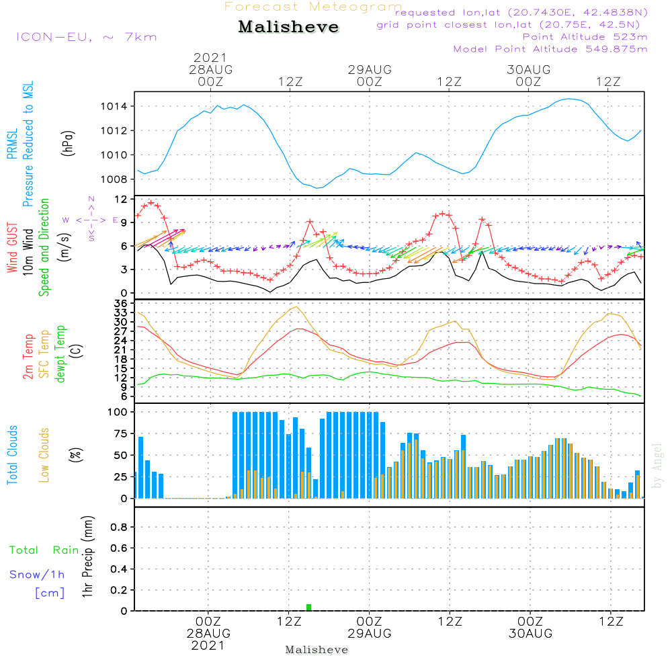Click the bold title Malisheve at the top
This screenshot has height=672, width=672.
coord(288,27)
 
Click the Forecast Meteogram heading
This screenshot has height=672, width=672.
coord(313,7)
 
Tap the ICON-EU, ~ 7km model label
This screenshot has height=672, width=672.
coord(87,37)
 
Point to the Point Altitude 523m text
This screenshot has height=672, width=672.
coord(585,37)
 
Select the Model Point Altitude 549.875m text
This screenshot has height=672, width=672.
coord(550,49)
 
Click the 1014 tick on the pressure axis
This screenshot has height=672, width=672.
coord(114,106)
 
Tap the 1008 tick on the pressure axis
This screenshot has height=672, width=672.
coord(114,179)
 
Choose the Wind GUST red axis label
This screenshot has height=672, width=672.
coord(12,247)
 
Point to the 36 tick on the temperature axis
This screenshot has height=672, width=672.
coord(120,304)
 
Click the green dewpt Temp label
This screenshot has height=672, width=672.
coord(60,353)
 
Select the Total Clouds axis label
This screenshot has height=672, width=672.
coord(12,455)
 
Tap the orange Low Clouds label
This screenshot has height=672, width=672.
coord(44,455)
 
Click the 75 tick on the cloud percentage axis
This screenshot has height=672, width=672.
coord(121,433)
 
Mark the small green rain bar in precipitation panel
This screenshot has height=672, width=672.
coord(309,607)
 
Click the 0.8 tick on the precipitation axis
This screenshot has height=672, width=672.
coord(119,527)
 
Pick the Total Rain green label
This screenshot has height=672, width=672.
coord(44,550)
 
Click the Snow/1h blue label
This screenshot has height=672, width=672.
coord(37,575)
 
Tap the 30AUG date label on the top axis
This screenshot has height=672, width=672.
coord(528,69)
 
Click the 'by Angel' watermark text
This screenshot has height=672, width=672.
coord(657,466)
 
